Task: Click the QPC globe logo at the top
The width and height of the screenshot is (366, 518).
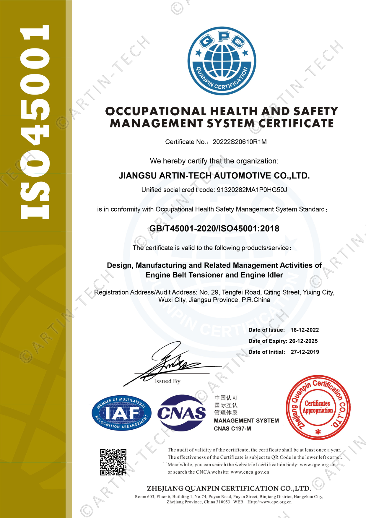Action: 222,61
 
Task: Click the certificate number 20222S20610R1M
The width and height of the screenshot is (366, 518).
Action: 240,142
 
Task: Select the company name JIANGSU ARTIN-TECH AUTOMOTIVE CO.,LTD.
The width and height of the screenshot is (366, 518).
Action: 214,176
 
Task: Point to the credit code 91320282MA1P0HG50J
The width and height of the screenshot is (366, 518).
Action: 252,190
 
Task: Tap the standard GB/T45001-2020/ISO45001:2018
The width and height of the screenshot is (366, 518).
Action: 214,228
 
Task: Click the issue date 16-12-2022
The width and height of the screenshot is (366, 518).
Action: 305,330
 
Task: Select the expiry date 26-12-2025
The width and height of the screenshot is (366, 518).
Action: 303,341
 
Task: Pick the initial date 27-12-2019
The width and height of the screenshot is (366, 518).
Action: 305,352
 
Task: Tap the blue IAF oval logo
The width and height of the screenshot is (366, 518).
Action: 121,413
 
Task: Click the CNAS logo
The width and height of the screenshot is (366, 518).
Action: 182,413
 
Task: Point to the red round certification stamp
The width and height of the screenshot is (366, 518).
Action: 318,408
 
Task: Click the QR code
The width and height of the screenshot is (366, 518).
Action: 113,462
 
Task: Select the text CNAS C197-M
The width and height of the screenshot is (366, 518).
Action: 232,429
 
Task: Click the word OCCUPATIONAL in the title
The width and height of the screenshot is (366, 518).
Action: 156,111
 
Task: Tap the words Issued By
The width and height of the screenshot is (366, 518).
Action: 167,381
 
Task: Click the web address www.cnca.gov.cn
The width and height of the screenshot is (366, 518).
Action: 250,472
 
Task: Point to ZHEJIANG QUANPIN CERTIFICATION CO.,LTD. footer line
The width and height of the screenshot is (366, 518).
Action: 229,488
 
